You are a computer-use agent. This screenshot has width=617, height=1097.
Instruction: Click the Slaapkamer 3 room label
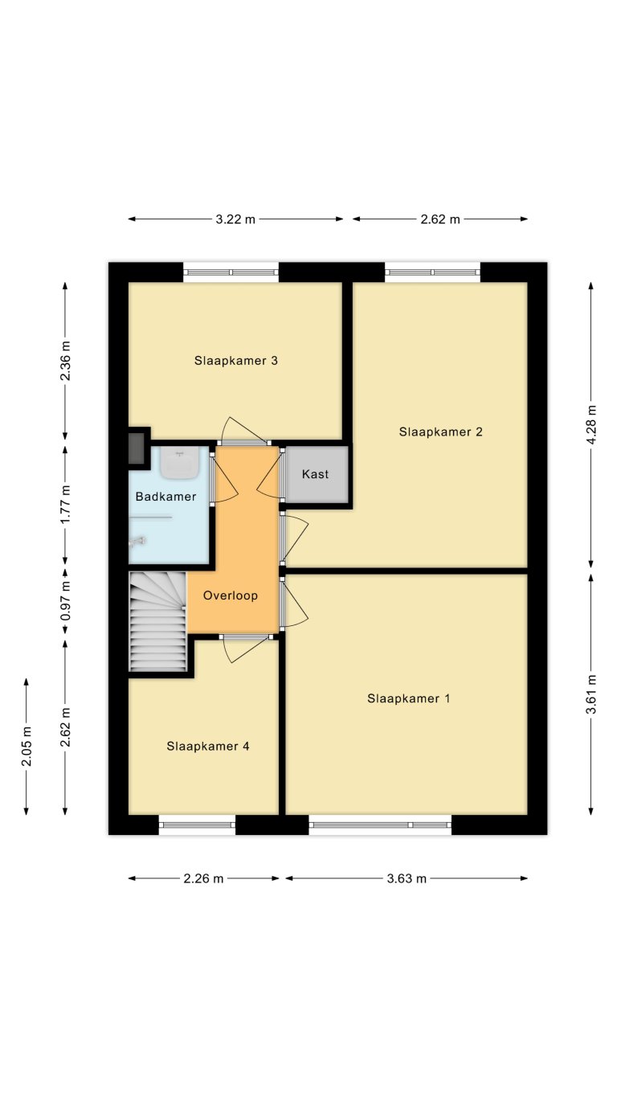tap(235, 361)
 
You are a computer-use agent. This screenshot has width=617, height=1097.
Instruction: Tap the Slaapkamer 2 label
tap(440, 432)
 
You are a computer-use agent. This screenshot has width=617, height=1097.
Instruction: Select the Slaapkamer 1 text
tap(408, 698)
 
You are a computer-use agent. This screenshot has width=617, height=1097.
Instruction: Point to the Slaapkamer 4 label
tap(208, 746)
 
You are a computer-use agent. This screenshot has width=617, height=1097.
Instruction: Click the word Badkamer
tap(165, 497)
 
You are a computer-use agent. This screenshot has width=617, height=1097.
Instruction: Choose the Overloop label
tap(231, 596)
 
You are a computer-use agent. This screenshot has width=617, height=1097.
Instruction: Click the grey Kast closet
tap(316, 475)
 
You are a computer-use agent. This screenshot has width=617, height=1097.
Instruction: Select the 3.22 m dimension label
tap(235, 219)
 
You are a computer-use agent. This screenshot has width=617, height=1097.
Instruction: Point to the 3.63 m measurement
tap(406, 878)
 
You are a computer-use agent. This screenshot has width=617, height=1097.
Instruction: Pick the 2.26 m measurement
tap(203, 878)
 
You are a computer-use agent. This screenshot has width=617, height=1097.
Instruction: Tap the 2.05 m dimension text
tap(27, 747)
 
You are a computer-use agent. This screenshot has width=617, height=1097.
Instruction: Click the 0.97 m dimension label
tap(66, 601)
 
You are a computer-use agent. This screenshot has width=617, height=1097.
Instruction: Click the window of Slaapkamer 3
tap(231, 272)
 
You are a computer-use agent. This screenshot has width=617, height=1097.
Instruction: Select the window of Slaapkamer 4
tap(197, 825)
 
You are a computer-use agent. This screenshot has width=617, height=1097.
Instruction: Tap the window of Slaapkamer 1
tap(380, 825)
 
